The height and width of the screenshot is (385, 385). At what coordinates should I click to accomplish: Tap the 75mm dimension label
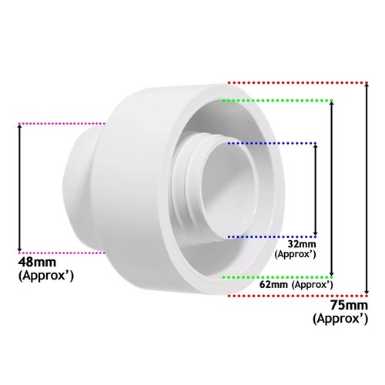coord(343,306)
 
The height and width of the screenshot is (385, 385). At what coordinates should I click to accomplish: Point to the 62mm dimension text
coord(283,284)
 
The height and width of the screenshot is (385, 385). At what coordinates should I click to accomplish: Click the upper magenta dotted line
coord(62,123)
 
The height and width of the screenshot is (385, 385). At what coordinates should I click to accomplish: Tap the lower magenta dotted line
coord(62,251)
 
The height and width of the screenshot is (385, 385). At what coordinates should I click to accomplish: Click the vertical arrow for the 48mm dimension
coord(20,187)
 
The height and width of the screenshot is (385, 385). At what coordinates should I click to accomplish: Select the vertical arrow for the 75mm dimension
coord(367,189)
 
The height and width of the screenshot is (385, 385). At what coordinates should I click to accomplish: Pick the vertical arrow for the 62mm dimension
coord(332,188)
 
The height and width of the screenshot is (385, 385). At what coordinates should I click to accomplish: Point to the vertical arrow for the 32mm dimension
coord(315,189)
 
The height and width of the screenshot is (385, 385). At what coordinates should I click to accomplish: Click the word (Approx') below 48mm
coord(45,275)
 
